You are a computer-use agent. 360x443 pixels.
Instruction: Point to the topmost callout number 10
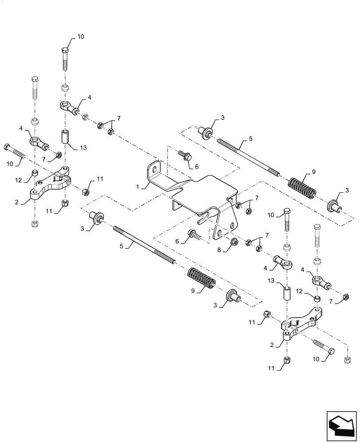coord(80,37)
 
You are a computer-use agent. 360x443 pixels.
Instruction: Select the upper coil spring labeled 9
coord(302,187)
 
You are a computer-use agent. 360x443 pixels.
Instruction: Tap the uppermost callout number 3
coord(223,117)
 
